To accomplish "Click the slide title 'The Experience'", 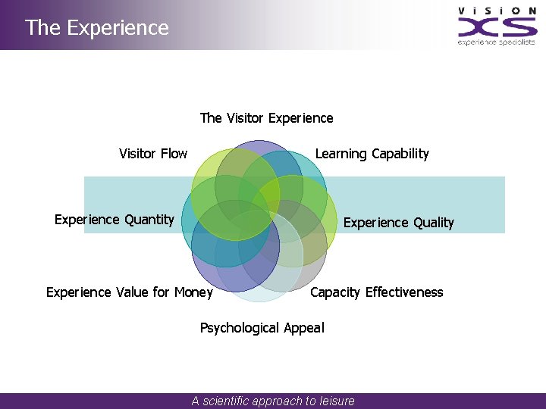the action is pyautogui.click(x=97, y=28).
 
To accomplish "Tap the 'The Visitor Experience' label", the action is pyautogui.click(x=266, y=118).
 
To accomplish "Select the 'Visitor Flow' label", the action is pyautogui.click(x=153, y=154).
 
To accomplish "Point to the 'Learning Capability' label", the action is pyautogui.click(x=372, y=155).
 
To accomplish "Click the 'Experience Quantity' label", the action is pyautogui.click(x=115, y=220).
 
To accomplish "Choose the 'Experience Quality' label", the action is pyautogui.click(x=398, y=223).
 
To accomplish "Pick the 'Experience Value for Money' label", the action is pyautogui.click(x=130, y=292).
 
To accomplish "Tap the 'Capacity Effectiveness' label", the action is pyautogui.click(x=376, y=292).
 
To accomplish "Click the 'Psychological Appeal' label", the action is pyautogui.click(x=262, y=328).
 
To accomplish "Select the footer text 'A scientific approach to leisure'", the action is pyautogui.click(x=273, y=401).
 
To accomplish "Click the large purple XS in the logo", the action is pyautogui.click(x=497, y=28).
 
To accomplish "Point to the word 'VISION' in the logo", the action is pyautogui.click(x=497, y=10).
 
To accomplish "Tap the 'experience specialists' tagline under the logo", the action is pyautogui.click(x=497, y=42).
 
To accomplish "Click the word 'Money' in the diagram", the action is pyautogui.click(x=193, y=292).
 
